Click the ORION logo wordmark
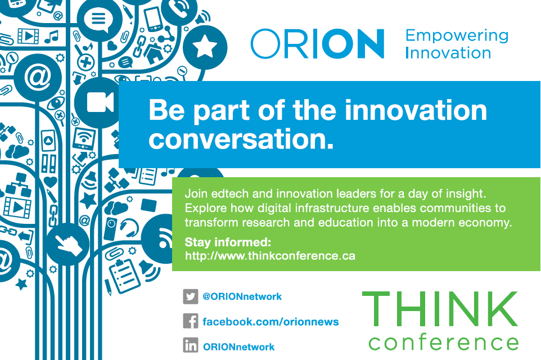tap(317, 44)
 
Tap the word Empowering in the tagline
tap(457, 36)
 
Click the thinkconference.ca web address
tap(270, 256)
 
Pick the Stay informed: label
tap(228, 242)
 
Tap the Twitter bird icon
tap(191, 296)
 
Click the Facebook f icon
tap(191, 321)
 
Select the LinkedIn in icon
tap(191, 345)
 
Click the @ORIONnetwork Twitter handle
tap(242, 296)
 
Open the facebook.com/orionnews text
tap(270, 322)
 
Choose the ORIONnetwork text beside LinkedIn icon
tap(239, 347)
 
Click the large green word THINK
tap(440, 309)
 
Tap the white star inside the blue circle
tap(205, 47)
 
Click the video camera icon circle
tap(98, 102)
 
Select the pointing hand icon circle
tap(67, 244)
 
